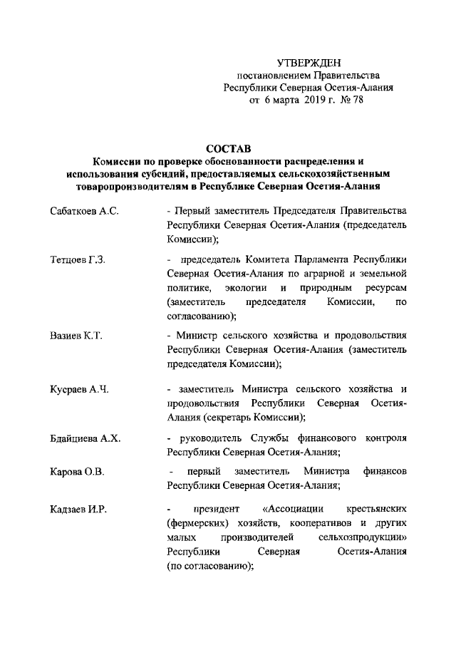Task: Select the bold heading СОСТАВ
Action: [229, 150]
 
